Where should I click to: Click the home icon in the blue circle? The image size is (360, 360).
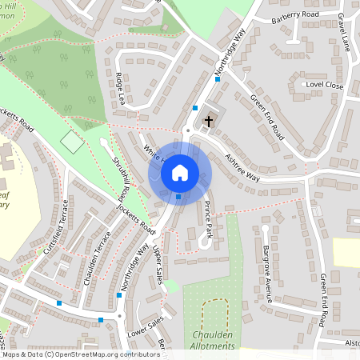180,172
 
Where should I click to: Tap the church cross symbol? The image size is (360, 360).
209,121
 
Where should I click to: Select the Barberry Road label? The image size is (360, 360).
295,15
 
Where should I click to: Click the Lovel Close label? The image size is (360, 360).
323,85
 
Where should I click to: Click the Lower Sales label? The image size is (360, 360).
145,330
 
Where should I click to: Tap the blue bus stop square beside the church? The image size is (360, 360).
195,106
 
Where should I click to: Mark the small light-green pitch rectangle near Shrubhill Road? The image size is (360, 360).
72,142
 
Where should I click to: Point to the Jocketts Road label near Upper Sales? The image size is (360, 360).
137,217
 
